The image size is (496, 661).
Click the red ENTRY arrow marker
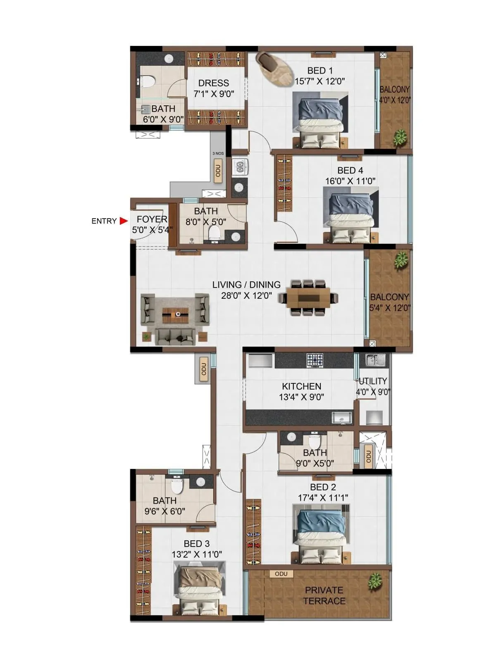[x=123, y=221]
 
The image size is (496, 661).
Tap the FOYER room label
[x=152, y=219]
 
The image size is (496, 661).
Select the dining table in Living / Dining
[x=309, y=298]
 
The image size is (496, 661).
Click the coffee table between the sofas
[x=175, y=315]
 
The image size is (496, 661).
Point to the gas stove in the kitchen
[x=315, y=360]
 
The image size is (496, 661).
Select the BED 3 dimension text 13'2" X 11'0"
[x=197, y=554]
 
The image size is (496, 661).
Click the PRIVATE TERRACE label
[x=324, y=595]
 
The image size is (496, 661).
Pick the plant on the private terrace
[x=375, y=581]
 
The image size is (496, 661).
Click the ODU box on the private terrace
[x=281, y=574]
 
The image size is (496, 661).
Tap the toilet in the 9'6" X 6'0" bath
[x=177, y=487]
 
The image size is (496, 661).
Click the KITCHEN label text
[x=301, y=386]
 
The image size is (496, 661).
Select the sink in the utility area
[x=376, y=360]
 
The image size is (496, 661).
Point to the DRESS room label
[x=214, y=83]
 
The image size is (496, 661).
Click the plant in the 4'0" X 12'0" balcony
[x=400, y=137]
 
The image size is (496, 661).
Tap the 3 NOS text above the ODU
[x=218, y=153]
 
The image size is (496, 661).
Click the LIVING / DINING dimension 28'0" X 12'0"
[x=246, y=295]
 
